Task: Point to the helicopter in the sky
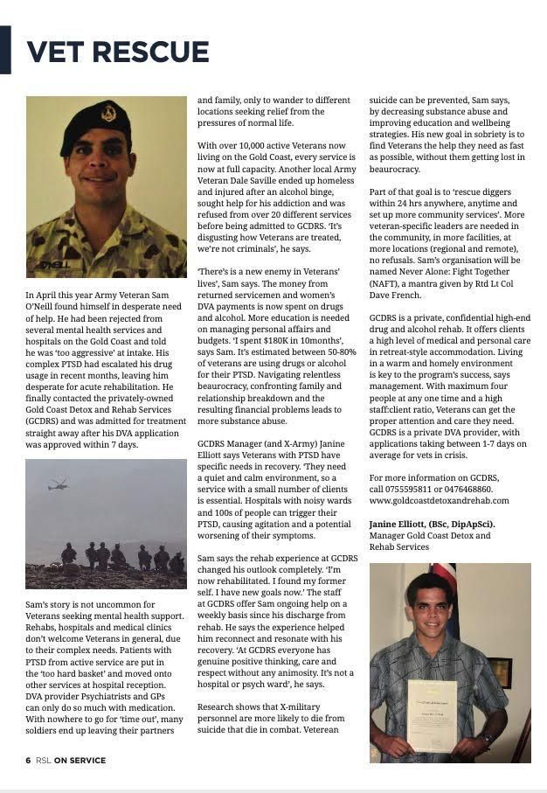click(x=59, y=483)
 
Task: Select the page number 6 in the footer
click(x=28, y=761)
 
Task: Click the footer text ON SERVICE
click(x=80, y=761)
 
